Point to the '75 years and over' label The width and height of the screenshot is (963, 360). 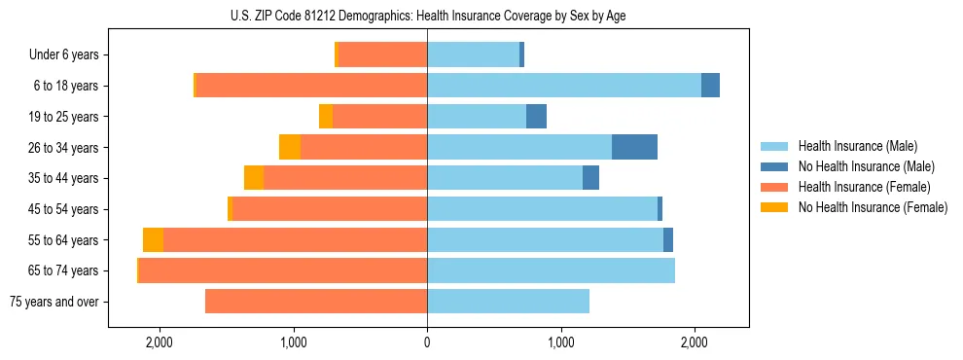point(53,302)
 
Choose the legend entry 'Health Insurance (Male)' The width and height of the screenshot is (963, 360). point(857,146)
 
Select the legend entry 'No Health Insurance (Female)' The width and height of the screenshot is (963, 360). point(873,207)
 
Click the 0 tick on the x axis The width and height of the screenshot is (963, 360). point(427,342)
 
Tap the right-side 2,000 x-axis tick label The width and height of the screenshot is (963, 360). point(695,342)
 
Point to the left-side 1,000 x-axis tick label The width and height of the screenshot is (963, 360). point(294,342)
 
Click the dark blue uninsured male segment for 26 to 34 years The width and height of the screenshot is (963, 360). point(634,147)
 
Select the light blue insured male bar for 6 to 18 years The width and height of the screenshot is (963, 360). point(564,86)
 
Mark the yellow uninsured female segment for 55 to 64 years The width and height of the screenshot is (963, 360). point(153,240)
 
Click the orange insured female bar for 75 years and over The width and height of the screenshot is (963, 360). point(316,302)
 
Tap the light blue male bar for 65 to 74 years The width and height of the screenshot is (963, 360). point(551,270)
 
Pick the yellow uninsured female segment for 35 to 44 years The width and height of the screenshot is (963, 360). point(254,178)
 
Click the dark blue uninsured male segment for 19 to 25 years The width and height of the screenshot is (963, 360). point(536,117)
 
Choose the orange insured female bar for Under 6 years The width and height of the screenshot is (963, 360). point(382,55)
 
